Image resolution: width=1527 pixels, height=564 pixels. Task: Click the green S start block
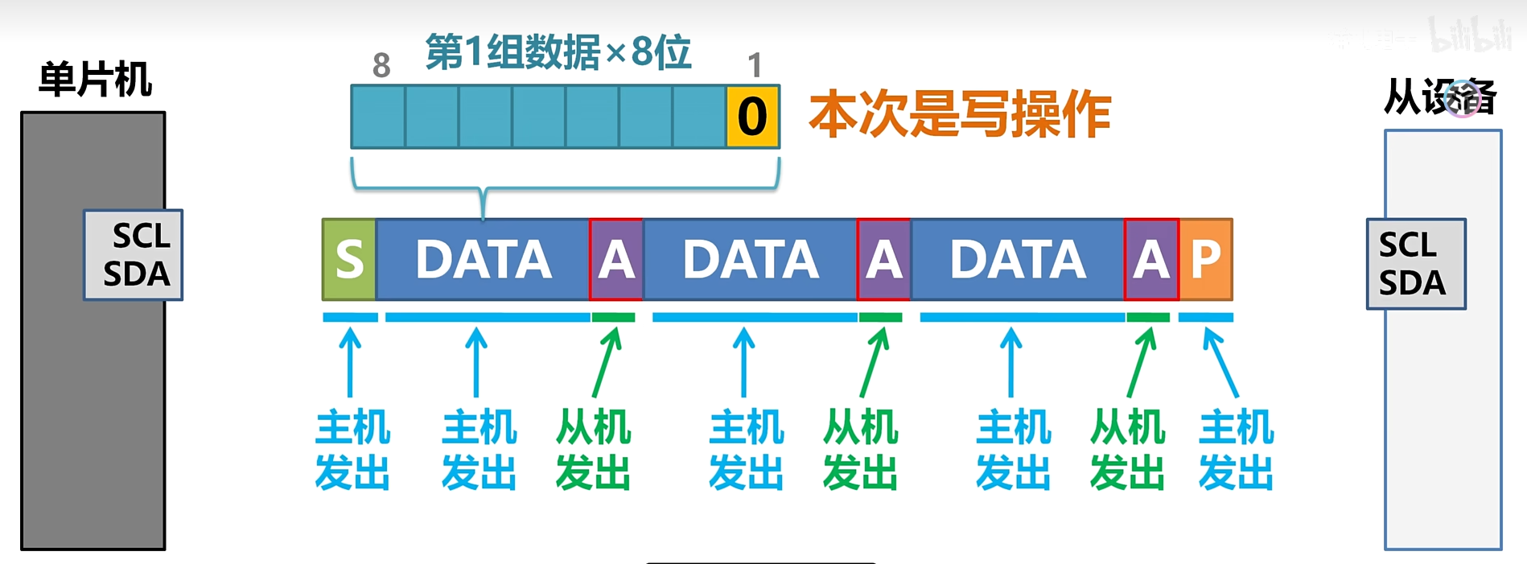click(x=349, y=259)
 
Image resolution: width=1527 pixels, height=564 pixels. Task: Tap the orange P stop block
click(x=1205, y=259)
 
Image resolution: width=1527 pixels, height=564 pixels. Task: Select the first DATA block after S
click(x=483, y=259)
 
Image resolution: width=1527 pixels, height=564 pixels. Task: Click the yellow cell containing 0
click(x=752, y=117)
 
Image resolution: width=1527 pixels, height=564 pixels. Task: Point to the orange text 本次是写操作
click(x=960, y=114)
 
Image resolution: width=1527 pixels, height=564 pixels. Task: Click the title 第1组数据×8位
click(x=558, y=52)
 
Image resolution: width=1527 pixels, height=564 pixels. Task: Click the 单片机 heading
click(x=95, y=80)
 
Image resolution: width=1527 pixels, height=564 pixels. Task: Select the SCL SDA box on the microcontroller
click(x=134, y=255)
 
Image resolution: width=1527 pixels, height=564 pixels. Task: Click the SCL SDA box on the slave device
click(x=1416, y=264)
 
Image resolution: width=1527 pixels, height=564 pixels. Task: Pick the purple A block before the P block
click(x=1151, y=259)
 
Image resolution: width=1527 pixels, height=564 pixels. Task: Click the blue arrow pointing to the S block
click(x=350, y=362)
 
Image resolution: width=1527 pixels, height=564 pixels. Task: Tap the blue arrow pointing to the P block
click(x=1220, y=362)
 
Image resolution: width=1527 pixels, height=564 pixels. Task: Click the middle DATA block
click(x=751, y=259)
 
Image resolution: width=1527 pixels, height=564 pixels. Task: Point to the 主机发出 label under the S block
click(x=352, y=449)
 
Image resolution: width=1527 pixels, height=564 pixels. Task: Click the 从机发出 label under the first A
click(x=593, y=449)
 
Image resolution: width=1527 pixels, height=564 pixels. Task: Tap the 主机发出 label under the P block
click(x=1236, y=449)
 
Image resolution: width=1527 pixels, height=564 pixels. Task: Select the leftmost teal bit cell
click(x=378, y=117)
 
